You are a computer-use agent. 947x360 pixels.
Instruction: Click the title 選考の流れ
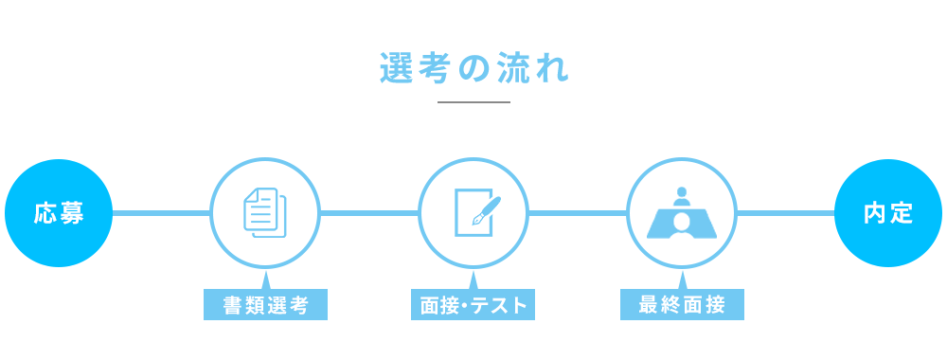tap(473, 70)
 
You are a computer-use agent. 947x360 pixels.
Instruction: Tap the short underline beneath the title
tap(473, 101)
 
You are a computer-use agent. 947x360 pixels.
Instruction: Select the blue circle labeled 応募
tap(59, 213)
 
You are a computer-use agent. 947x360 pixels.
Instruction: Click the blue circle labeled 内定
tap(888, 213)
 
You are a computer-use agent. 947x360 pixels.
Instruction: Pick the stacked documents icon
tap(265, 212)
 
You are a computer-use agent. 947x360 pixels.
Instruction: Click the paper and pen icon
tap(473, 213)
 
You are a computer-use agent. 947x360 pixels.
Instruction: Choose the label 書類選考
tap(265, 305)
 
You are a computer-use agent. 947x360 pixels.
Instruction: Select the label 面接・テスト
tap(473, 305)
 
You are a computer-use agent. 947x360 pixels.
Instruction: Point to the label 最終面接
tap(682, 305)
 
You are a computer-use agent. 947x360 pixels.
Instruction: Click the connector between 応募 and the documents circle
tap(161, 213)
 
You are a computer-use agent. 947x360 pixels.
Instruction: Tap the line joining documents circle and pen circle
tap(369, 213)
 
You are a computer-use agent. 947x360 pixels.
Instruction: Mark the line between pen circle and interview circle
tap(578, 213)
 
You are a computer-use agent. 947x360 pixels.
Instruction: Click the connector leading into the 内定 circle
tap(786, 213)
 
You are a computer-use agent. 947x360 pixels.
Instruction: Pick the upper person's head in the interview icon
tap(682, 193)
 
